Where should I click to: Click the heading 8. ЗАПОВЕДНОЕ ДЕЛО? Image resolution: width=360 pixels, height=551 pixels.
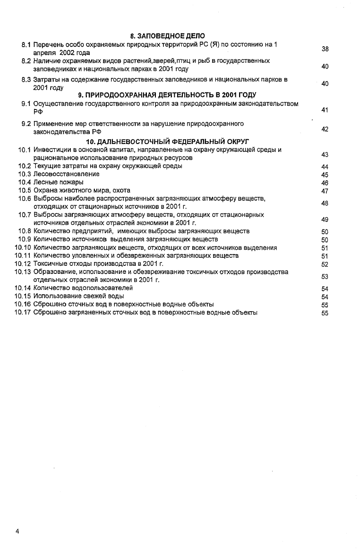168,36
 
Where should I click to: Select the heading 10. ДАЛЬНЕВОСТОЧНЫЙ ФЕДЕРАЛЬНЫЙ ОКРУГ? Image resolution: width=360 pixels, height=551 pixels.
168,142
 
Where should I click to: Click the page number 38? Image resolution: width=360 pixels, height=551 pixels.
325,49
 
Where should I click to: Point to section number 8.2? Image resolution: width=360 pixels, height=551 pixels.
26,61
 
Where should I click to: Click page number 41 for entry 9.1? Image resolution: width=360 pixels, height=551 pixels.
325,110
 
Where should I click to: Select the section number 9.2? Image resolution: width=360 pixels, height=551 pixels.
26,124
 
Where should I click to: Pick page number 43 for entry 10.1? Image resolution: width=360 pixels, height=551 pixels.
325,155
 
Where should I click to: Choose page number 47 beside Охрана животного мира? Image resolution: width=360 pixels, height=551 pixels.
325,191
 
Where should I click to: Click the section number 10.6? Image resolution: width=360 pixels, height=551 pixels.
25,198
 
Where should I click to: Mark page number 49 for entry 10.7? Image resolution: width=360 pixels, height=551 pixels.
325,220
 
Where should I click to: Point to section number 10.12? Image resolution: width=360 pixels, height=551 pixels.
23,264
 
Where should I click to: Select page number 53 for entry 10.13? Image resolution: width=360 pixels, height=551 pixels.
325,276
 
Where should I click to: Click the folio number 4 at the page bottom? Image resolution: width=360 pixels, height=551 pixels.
17,532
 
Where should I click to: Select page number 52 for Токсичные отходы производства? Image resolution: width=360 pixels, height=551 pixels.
325,265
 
